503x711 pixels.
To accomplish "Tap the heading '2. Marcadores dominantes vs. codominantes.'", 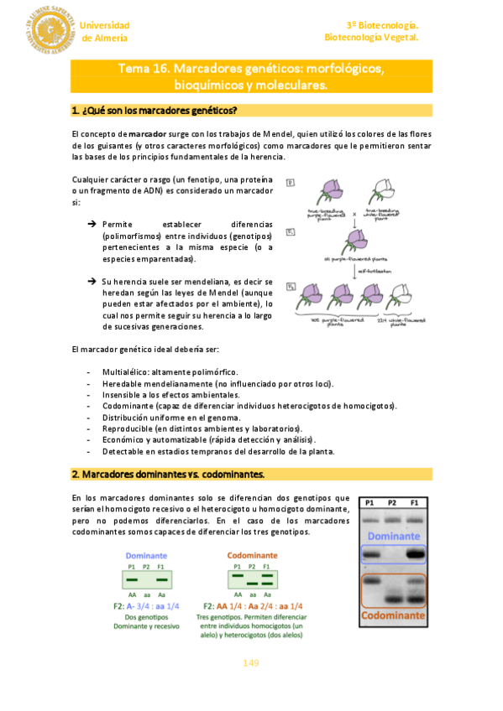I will coord(169,475).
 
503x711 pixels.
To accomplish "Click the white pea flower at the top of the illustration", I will coord(386,189).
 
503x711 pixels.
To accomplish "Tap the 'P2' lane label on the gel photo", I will coord(393,503).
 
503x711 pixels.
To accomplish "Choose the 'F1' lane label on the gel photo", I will coord(416,503).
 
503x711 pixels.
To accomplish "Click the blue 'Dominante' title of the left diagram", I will coord(146,555).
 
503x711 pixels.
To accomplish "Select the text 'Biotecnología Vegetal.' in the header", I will coord(371,38).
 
